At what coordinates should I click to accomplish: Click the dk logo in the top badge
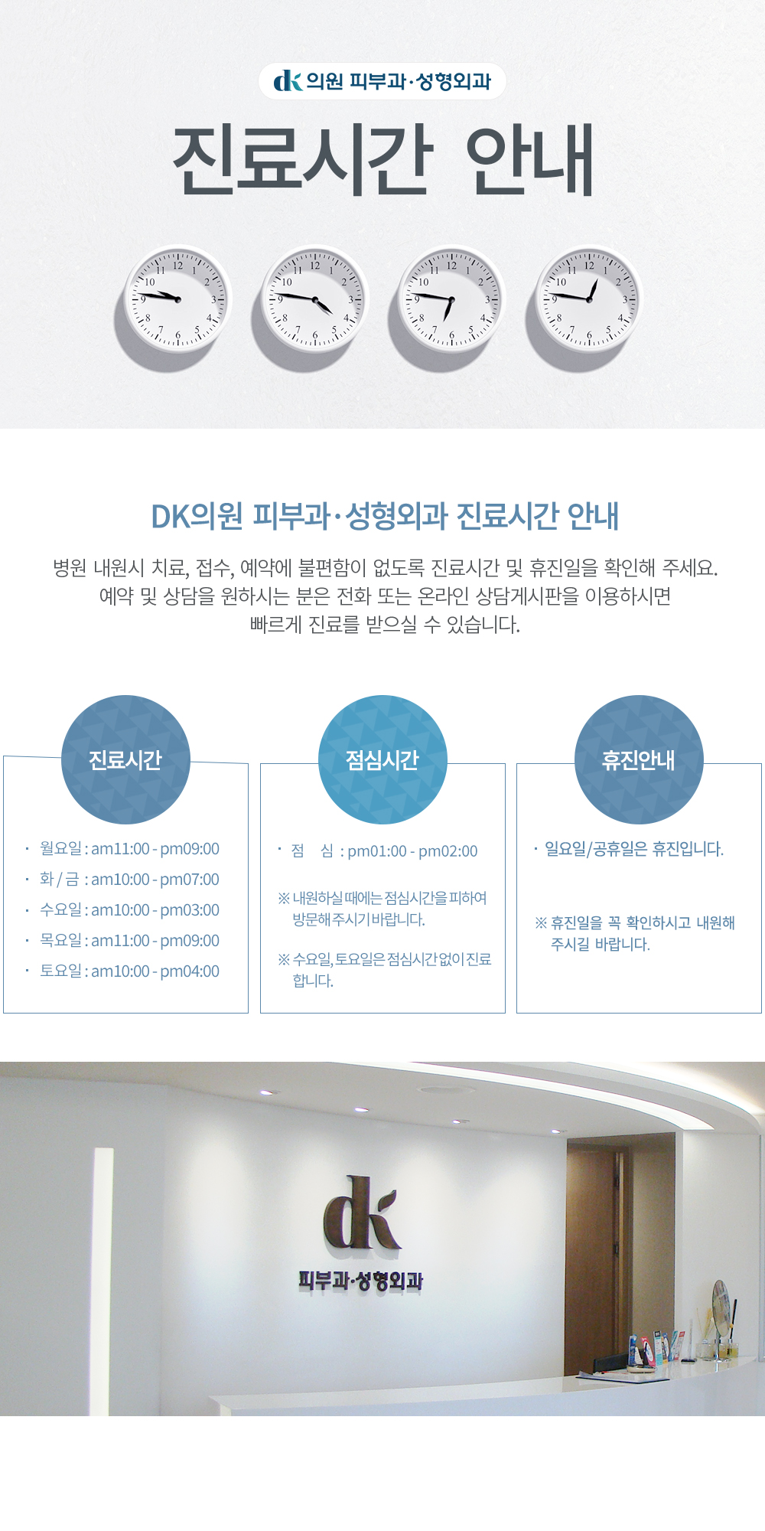[x=288, y=80]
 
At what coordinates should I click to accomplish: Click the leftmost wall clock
[x=177, y=299]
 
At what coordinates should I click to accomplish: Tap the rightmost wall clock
[x=589, y=299]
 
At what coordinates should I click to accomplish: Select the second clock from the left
[x=315, y=299]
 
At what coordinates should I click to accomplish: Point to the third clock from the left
[x=451, y=299]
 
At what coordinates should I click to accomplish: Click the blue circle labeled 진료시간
[x=125, y=759]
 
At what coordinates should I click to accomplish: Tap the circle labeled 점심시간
[x=382, y=759]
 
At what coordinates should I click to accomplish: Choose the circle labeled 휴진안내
[x=639, y=759]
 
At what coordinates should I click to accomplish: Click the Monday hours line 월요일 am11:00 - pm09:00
[x=129, y=849]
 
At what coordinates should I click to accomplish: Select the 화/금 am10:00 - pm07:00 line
[x=129, y=880]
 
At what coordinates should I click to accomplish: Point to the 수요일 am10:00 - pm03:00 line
[x=129, y=910]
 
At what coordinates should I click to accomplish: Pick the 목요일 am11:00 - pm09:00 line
[x=129, y=941]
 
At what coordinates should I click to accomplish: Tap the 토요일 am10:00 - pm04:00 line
[x=129, y=971]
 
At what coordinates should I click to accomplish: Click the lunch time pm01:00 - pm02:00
[x=412, y=851]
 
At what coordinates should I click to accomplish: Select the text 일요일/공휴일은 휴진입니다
[x=634, y=849]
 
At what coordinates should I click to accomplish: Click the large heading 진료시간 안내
[x=383, y=159]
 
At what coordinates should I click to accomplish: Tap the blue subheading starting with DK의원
[x=385, y=516]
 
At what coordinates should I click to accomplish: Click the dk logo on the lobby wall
[x=361, y=1213]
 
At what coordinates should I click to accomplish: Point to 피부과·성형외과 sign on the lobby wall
[x=360, y=1281]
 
